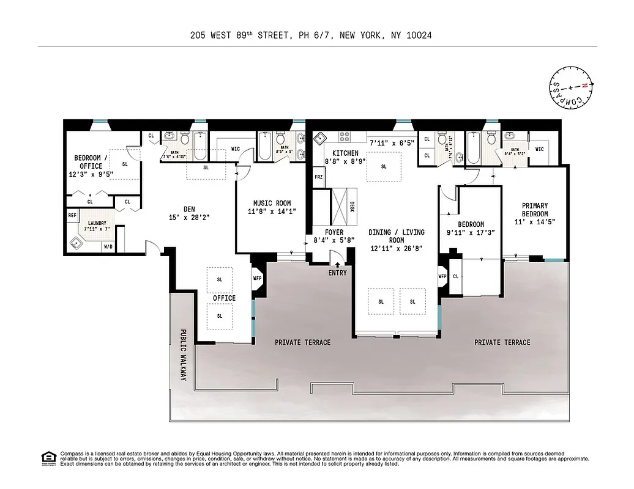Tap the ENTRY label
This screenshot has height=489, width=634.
[x=337, y=273]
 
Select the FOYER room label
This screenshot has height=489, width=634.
[x=334, y=233]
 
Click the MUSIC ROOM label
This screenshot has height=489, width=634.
[x=272, y=204]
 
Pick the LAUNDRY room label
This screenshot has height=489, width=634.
[x=95, y=223]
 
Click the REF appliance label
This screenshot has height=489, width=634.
[x=72, y=215]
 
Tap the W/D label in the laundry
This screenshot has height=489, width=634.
[x=108, y=247]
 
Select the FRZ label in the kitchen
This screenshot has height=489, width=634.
[x=318, y=177]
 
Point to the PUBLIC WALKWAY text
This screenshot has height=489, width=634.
[x=182, y=356]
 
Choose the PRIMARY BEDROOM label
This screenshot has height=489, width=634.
[x=534, y=210]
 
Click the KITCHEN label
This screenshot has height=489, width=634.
[x=345, y=153]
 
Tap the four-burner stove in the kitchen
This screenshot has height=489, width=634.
[x=345, y=136]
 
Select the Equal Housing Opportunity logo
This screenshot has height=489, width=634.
[x=48, y=457]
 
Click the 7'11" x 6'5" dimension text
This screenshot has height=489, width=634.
[x=392, y=143]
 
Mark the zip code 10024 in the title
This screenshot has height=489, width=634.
[x=419, y=35]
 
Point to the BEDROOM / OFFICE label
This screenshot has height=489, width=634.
[x=90, y=161]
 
